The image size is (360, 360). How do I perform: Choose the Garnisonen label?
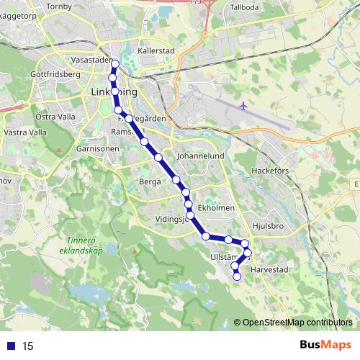tap(92, 148)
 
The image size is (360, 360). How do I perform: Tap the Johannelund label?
tap(201, 155)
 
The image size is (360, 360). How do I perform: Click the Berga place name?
tap(150, 183)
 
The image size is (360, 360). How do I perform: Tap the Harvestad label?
tap(269, 270)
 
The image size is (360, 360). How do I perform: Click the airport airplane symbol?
tap(243, 105)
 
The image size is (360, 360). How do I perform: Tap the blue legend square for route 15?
tap(10, 346)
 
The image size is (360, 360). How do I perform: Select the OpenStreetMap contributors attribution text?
tap(297, 323)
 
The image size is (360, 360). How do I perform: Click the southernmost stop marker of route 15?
tap(237, 276)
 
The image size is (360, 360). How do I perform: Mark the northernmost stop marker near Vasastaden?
tap(114, 64)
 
